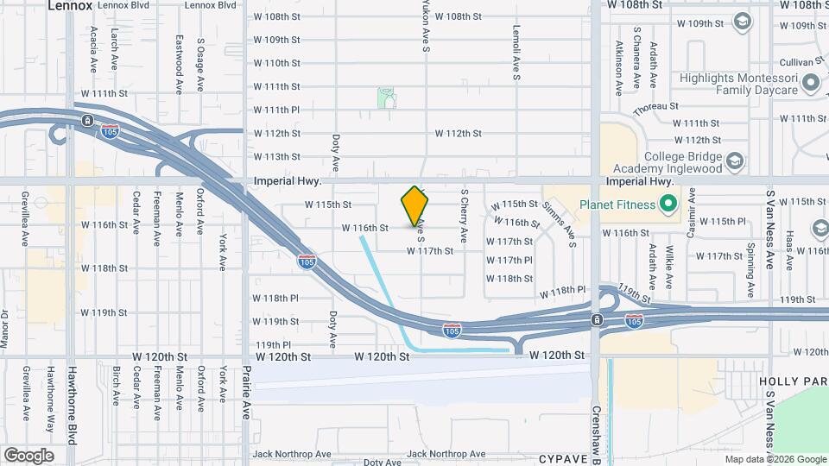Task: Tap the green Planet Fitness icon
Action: [x=667, y=205]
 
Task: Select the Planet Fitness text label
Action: [x=617, y=205]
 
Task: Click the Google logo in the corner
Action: [x=28, y=455]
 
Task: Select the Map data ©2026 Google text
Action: [x=775, y=459]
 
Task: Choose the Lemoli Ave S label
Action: [x=516, y=53]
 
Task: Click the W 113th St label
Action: [x=276, y=156]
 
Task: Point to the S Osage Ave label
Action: [x=200, y=64]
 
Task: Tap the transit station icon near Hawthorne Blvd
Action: [x=87, y=120]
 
